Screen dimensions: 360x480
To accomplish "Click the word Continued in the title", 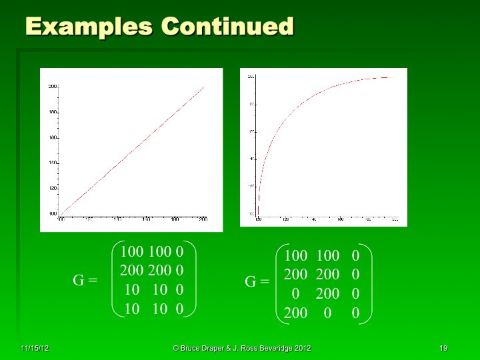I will pos(227,26).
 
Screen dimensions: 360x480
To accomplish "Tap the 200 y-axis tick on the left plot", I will pos(53,87).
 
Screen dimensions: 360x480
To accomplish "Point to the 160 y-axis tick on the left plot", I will pos(53,138).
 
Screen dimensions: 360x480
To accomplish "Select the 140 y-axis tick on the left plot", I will pos(53,163).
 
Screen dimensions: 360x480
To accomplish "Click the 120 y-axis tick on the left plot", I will pos(53,189).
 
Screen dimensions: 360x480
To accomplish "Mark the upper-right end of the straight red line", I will pos(203,87).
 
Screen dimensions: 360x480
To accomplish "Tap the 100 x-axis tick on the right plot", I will pos(259,219).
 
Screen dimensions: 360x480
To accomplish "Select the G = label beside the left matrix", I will pos(85,281).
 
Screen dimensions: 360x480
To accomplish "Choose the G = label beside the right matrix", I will pos(257,281).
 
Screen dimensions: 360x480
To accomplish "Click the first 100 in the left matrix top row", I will pos(132,251).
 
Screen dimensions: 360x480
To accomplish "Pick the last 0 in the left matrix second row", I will pos(179,271).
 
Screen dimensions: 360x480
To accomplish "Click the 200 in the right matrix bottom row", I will pos(295,313).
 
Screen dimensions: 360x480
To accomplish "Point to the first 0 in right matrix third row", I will pos(296,293).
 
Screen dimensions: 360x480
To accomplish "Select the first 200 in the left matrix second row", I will pos(132,271).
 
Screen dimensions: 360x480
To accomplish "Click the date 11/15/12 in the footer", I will pos(35,349).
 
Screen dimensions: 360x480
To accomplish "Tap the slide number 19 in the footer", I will pos(443,349).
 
